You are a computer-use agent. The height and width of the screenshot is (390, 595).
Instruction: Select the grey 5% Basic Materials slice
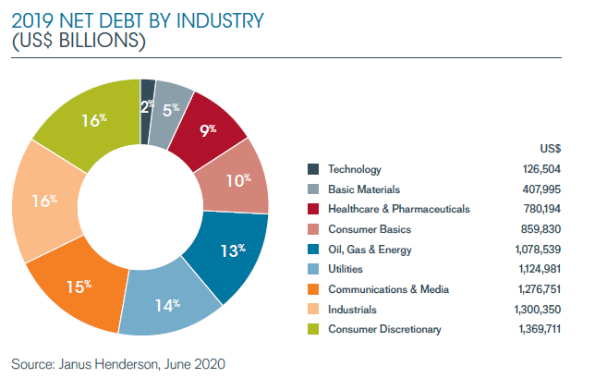[x=170, y=108]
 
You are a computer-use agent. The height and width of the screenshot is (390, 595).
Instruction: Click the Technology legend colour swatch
[x=314, y=169]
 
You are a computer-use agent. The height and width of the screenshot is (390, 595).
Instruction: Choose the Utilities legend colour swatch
[x=314, y=269]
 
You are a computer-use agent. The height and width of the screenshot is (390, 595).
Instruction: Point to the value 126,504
[x=541, y=169]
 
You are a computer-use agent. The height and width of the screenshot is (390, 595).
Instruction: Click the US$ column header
[x=550, y=148]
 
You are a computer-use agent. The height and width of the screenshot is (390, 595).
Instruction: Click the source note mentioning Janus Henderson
[x=117, y=364]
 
